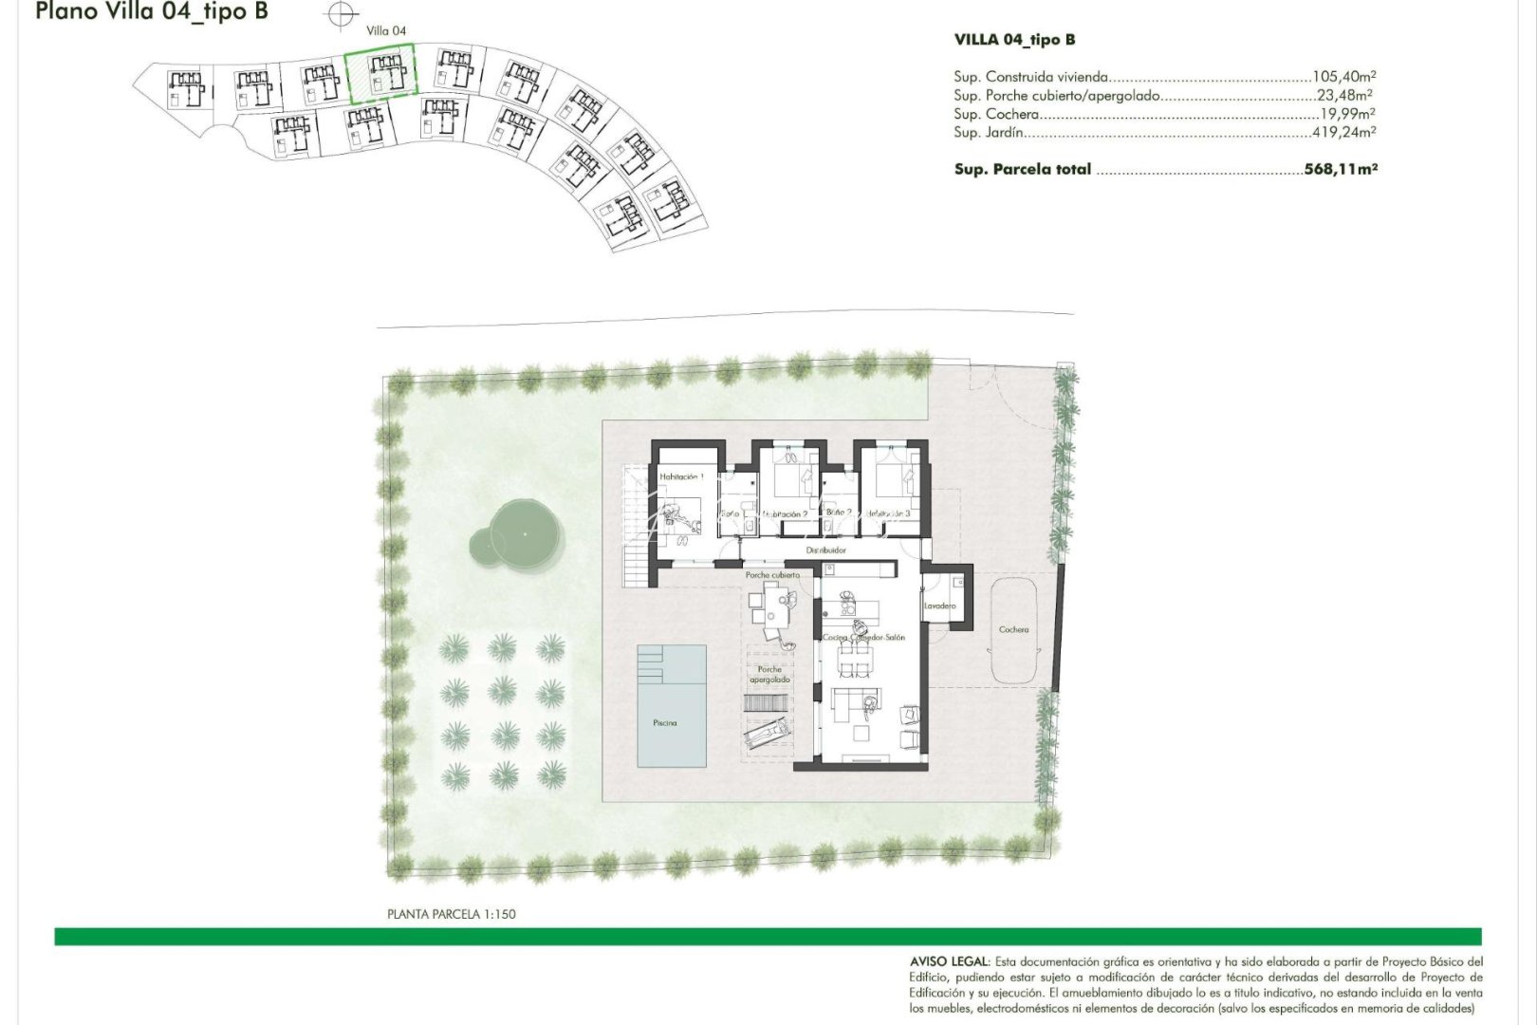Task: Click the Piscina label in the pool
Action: (665, 723)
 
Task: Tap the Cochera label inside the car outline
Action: (1013, 630)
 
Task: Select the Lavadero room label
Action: (939, 606)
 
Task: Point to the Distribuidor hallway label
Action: (825, 550)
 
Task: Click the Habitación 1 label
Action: (681, 476)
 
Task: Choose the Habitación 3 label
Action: (888, 513)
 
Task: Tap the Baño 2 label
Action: (839, 512)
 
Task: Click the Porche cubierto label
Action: (772, 575)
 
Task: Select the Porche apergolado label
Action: (769, 675)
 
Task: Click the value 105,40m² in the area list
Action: (1343, 77)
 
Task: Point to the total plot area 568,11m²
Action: (1340, 169)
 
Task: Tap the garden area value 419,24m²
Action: (1343, 133)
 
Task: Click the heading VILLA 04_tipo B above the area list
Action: (1014, 40)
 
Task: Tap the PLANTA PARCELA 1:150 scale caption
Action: (452, 914)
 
